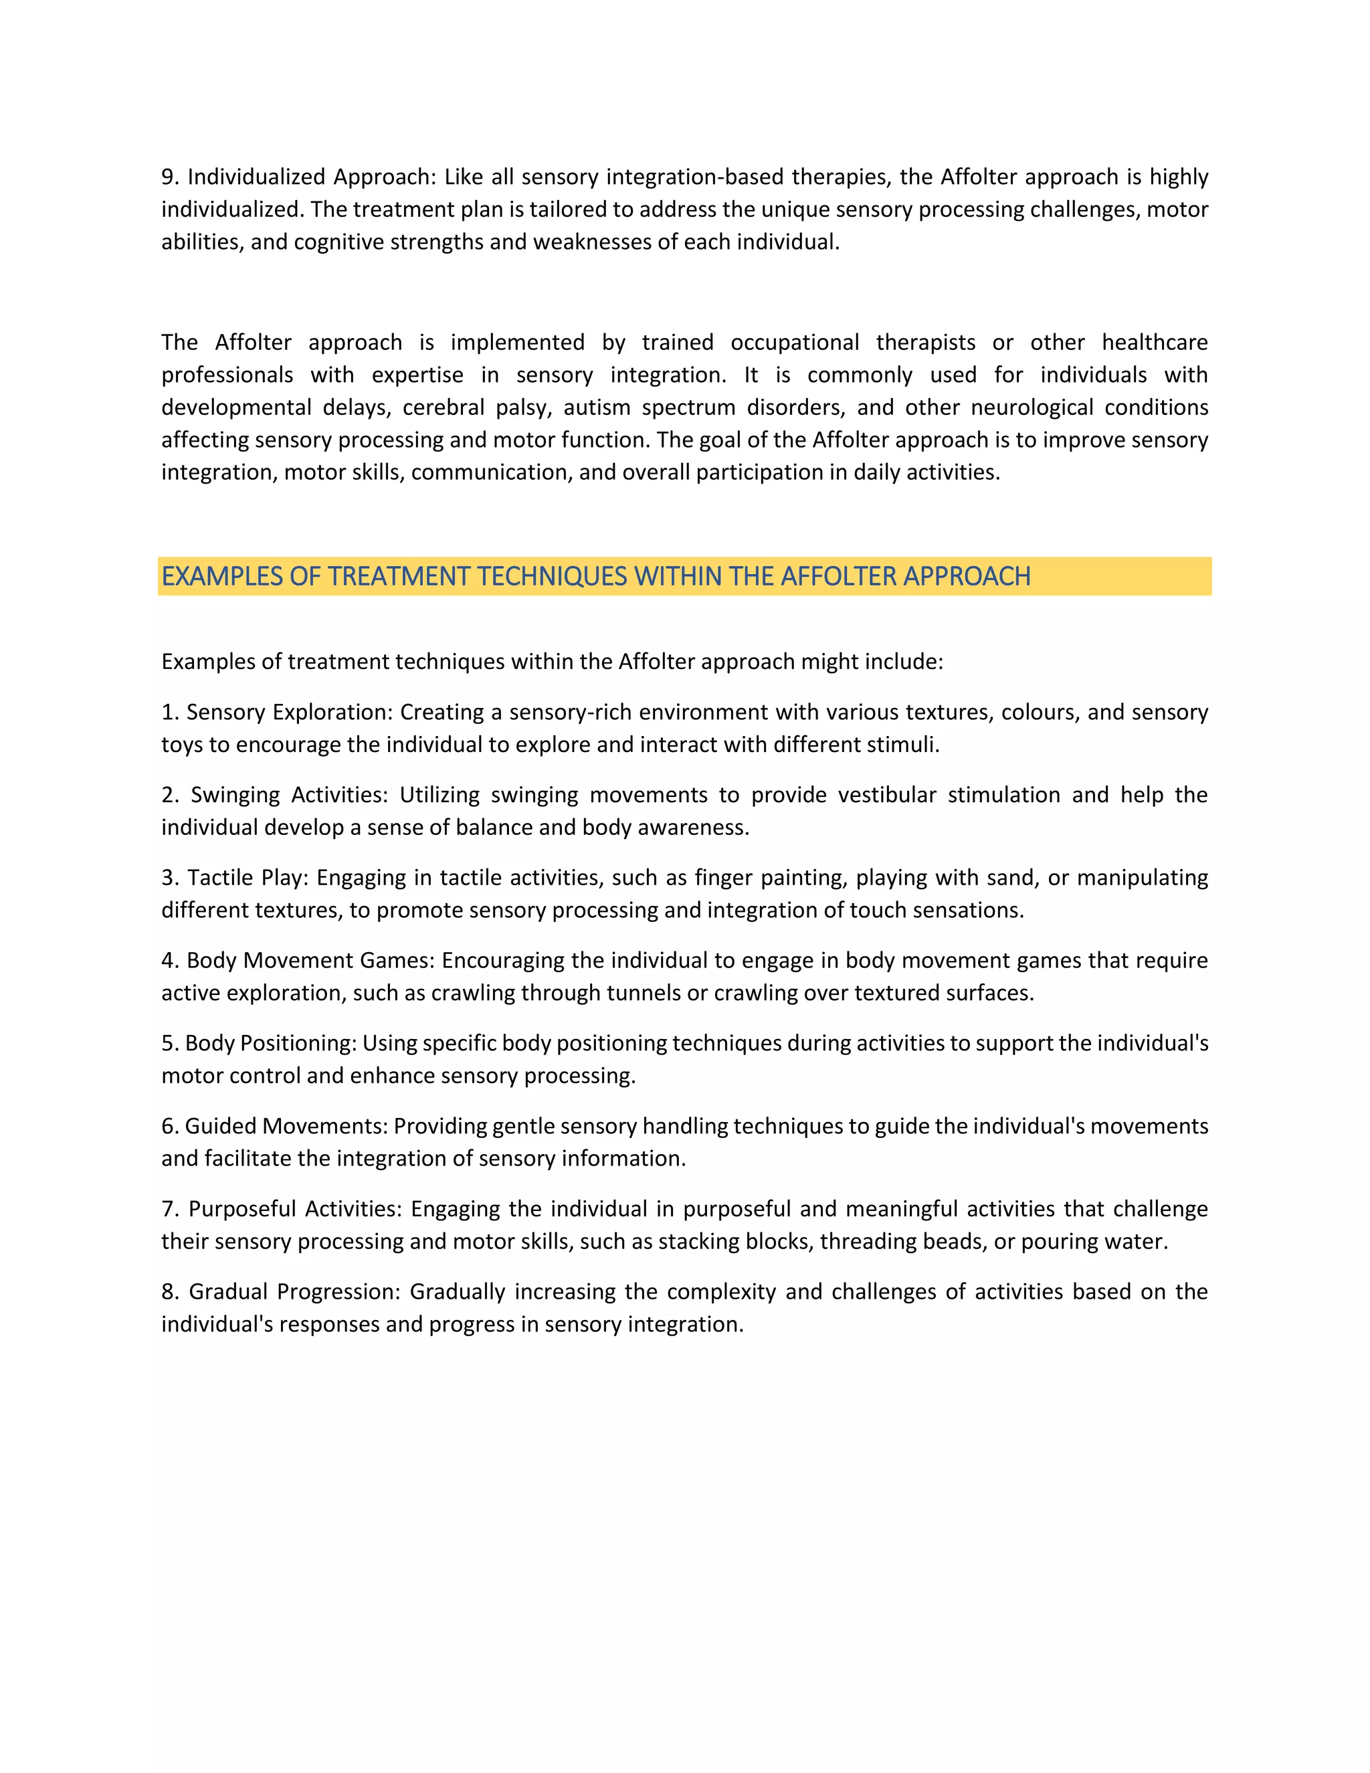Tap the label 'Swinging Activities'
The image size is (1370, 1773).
289,795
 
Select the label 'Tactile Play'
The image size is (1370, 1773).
246,878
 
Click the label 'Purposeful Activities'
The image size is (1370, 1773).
294,1209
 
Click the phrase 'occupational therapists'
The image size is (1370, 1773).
852,343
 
